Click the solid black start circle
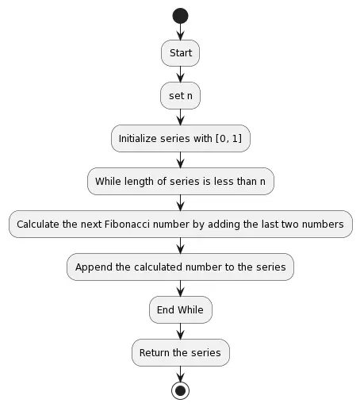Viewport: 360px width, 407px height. coord(180,15)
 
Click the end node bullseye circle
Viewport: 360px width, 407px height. coord(180,390)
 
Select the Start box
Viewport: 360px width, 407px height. coord(180,53)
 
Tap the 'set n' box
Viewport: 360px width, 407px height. coord(180,96)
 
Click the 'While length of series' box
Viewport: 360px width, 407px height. coord(180,181)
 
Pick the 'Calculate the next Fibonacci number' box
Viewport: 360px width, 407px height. coord(180,224)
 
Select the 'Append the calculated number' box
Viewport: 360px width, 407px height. coord(180,267)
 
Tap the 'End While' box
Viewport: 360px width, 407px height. coord(180,309)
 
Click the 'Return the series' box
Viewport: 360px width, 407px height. coord(180,352)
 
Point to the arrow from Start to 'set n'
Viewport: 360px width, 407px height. coord(180,75)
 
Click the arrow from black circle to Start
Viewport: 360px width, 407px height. coord(180,32)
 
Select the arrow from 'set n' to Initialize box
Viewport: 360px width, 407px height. coord(180,117)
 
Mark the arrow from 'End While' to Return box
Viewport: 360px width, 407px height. coord(180,331)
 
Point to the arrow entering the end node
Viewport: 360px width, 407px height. coord(180,374)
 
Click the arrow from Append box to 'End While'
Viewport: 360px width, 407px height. coord(180,288)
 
